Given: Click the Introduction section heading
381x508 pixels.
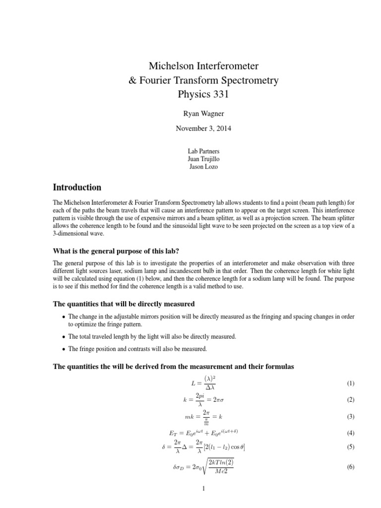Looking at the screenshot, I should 77,188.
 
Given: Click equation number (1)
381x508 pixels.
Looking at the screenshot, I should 351,383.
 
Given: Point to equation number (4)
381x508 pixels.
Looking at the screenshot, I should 351,433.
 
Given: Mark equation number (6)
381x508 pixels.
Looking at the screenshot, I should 351,467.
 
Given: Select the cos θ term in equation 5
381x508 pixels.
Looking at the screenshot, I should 236,447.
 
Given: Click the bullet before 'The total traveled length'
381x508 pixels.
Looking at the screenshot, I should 63,337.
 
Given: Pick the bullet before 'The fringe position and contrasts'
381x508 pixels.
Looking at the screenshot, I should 63,349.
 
